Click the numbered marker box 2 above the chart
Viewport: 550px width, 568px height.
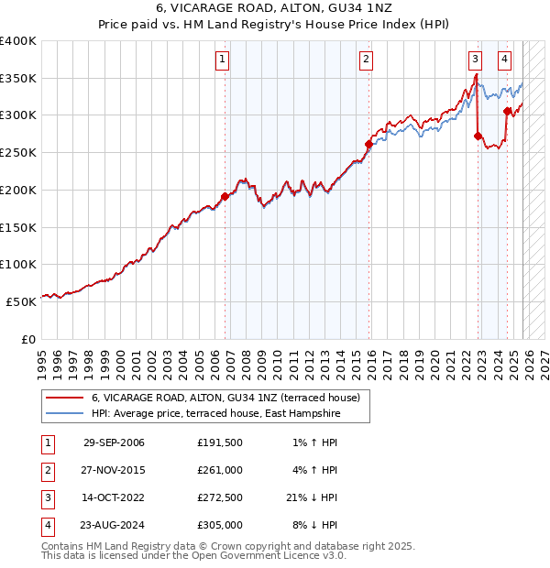(366, 60)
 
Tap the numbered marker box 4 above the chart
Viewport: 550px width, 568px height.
(505, 60)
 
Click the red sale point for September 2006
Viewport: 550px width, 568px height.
(225, 196)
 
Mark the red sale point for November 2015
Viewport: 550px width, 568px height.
(368, 144)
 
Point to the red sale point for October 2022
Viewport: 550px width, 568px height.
(478, 136)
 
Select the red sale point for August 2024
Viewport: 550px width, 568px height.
(507, 111)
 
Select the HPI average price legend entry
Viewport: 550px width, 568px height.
(215, 414)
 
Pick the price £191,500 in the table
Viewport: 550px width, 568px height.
(220, 442)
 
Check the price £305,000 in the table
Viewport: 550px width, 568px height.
(220, 525)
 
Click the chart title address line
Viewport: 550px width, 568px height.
(275, 9)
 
